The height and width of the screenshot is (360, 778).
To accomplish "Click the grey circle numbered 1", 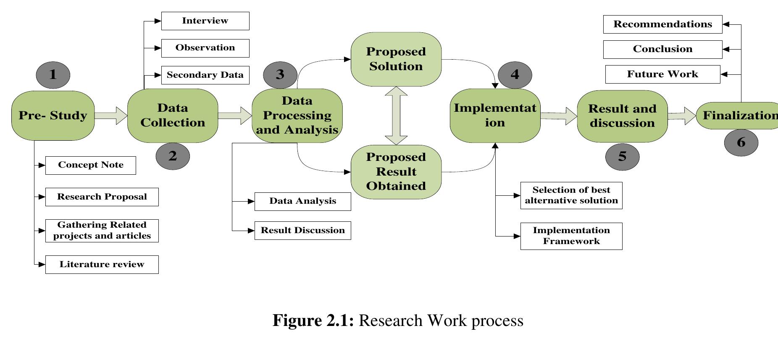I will [53, 75].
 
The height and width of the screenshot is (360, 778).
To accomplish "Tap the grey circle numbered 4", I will [515, 75].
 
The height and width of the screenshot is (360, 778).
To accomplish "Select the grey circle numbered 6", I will [741, 142].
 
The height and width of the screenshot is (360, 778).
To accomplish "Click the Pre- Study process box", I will [53, 116].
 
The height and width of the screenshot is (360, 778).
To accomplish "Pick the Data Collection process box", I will [173, 116].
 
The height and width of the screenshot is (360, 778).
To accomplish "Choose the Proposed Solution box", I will [396, 59].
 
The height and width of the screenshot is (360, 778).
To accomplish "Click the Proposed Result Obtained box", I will [396, 172].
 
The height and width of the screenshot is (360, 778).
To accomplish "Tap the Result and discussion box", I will [622, 116].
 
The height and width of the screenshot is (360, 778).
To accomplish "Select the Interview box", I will [205, 21].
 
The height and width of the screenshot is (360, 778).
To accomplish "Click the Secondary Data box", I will [205, 75].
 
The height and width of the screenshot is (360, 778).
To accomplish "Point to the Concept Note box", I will [91, 165].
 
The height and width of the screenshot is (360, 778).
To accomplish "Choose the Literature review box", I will [102, 265].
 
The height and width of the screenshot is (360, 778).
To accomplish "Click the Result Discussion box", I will [302, 231].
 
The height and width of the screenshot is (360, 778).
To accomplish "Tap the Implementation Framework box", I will [571, 236].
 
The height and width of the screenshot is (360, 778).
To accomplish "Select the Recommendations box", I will [662, 24].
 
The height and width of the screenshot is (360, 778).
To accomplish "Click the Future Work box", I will [662, 74].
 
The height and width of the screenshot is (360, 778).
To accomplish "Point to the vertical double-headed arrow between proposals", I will [396, 116].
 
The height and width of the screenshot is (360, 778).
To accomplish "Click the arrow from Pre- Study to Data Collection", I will [110, 116].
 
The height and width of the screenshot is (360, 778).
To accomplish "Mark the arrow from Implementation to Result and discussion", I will [559, 116].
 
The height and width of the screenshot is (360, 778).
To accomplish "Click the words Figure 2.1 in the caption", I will [313, 321].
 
